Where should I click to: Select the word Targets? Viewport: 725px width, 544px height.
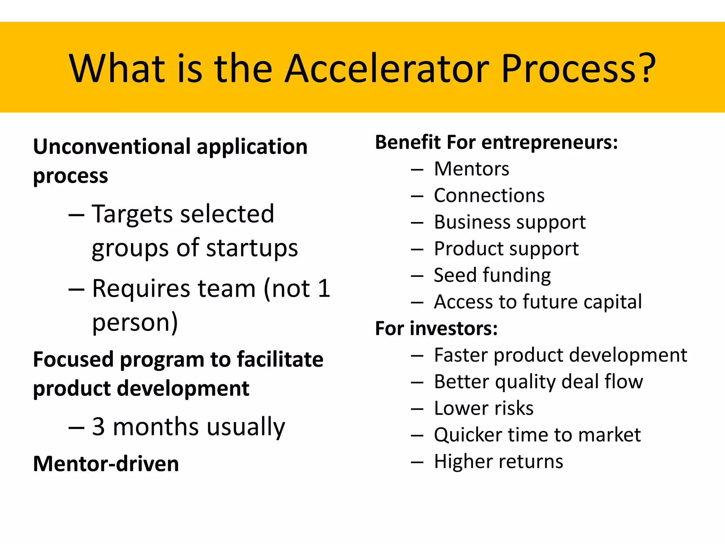tap(134, 214)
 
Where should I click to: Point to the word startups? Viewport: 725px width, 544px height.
tap(252, 248)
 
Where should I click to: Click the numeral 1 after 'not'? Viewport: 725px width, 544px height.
tap(324, 288)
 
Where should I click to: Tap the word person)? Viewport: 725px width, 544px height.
tap(135, 322)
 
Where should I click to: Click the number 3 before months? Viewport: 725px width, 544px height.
tap(98, 426)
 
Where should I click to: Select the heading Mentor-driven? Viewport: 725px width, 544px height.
tap(106, 464)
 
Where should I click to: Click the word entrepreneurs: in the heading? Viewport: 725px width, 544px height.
tap(549, 142)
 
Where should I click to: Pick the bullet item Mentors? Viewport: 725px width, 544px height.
tap(471, 169)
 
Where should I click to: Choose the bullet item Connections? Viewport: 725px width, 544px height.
tap(489, 195)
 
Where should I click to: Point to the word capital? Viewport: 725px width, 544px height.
tap(612, 302)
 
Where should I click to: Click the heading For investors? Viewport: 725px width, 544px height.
tap(436, 328)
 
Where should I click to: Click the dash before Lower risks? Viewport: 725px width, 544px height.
tap(417, 409)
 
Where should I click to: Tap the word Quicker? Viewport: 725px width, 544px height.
tap(468, 435)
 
